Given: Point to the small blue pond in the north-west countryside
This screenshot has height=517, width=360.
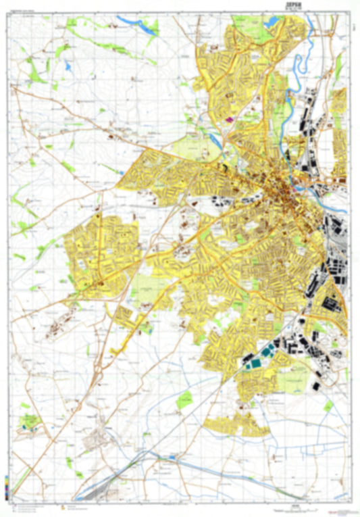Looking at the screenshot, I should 68,67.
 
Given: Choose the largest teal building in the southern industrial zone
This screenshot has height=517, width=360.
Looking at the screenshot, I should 255,364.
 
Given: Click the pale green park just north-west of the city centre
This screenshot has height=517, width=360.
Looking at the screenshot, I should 191,147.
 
